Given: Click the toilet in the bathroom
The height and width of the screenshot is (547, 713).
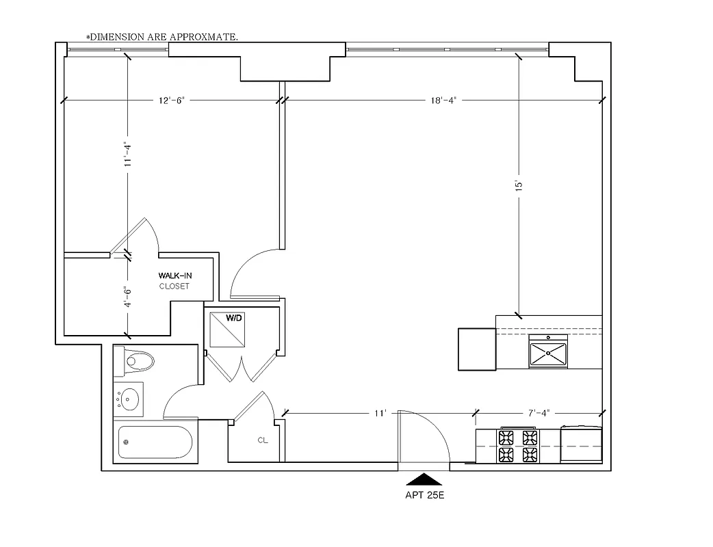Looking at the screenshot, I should pos(137,361).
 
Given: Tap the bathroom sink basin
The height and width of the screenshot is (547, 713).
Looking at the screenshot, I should pos(129,397).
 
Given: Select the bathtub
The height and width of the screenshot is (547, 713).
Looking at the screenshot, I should pos(155,442).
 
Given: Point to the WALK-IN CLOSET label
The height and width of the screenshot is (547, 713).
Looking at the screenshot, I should pos(174,280).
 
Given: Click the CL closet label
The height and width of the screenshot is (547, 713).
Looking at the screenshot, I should pos(263,440).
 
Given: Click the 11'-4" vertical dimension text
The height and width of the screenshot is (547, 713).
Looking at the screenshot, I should pos(127,154).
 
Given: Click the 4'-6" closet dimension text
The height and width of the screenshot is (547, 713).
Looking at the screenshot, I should pos(127,296).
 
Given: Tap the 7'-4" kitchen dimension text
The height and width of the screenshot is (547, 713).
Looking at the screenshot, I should pos(538,412).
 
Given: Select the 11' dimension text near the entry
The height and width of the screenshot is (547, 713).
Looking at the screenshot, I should pos(380,412).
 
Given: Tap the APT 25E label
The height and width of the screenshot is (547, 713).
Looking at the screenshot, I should pos(425,496).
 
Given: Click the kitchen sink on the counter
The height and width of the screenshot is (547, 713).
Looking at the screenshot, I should pos(547,353).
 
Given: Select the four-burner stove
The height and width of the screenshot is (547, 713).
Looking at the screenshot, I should pos(517,446).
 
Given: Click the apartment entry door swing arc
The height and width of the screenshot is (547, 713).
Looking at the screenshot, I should pos(438,431).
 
